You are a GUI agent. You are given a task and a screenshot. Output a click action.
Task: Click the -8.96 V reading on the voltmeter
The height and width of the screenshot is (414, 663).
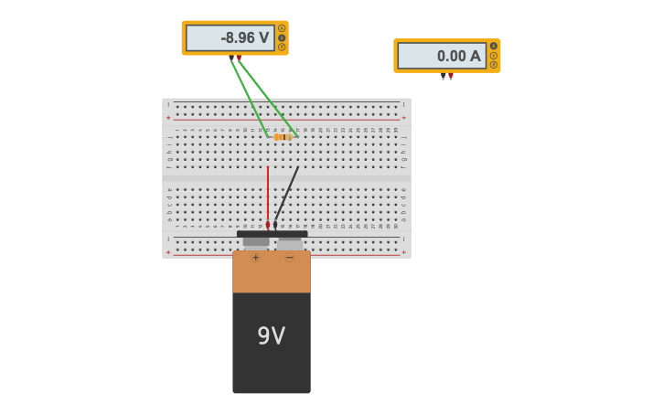(245, 38)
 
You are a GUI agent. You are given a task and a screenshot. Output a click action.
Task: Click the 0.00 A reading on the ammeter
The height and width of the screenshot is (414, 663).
(458, 56)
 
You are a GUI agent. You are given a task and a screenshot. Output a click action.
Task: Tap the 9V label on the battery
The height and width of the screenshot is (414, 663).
(271, 336)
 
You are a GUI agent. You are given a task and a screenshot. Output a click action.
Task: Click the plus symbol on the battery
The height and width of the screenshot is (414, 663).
(255, 258)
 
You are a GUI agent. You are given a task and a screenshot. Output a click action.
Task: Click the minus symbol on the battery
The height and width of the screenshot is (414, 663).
(290, 258)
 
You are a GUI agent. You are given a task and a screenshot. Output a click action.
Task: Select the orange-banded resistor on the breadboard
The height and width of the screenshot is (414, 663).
(283, 137)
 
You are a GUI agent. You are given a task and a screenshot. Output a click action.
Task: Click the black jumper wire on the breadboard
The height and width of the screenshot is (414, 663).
(287, 194)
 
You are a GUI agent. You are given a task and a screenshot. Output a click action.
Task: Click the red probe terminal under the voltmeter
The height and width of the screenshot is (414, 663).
(239, 58)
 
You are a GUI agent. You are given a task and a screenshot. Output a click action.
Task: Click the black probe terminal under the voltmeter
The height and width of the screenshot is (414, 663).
(231, 58)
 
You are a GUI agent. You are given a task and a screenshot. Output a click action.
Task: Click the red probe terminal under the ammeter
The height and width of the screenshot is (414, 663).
(451, 76)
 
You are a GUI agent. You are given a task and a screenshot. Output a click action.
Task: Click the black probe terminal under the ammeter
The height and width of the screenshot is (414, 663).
(444, 76)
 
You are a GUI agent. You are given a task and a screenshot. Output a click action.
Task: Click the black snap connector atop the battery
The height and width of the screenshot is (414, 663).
(272, 234)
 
